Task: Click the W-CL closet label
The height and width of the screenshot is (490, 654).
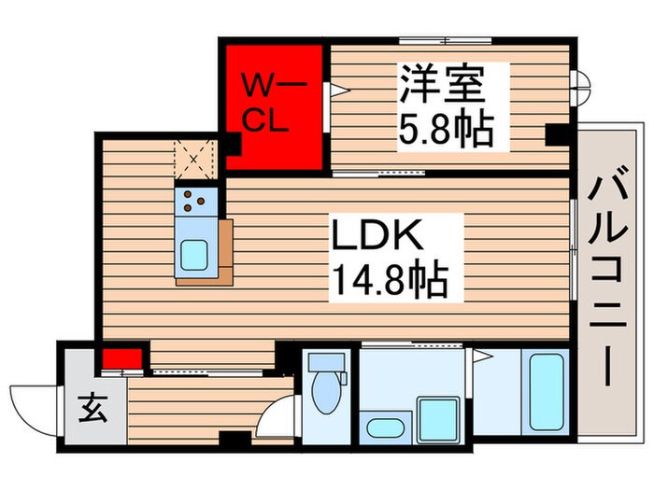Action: tap(268, 102)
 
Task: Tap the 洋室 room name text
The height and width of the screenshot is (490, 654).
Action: tap(442, 85)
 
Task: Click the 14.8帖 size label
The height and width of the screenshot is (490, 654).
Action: tap(385, 279)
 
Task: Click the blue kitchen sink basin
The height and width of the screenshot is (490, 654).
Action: tap(196, 253)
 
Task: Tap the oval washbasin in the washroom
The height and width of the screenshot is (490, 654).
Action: tap(384, 428)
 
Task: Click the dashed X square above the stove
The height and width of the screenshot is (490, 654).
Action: tap(194, 159)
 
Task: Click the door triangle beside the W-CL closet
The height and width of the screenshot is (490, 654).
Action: tap(334, 90)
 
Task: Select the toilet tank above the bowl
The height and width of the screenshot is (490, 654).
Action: tap(326, 363)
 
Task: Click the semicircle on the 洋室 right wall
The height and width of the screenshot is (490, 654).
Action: tap(583, 88)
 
